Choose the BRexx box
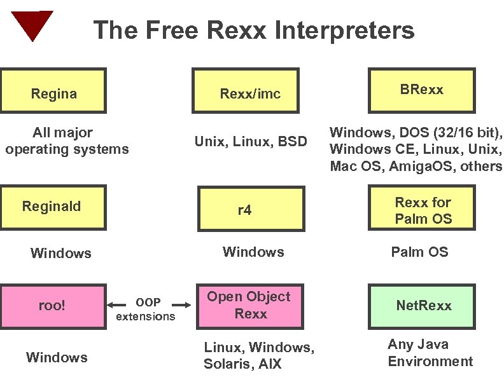tap(421, 90)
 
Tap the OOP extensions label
tap(146, 310)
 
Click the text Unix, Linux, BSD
tap(250, 141)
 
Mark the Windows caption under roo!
tap(57, 357)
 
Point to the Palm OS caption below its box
tap(419, 252)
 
